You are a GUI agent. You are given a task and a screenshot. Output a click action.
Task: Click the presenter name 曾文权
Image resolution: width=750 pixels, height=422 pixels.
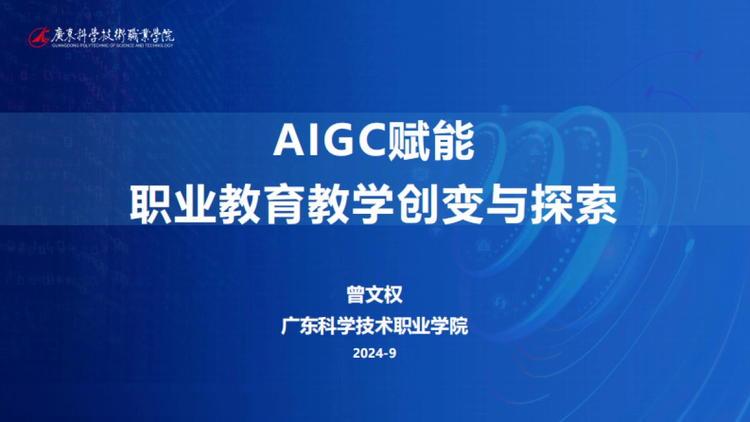pyautogui.click(x=374, y=294)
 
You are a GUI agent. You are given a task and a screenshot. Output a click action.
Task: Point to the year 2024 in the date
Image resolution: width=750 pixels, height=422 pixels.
pyautogui.click(x=368, y=354)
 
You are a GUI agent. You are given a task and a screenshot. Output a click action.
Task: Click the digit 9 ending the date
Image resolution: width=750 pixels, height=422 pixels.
pyautogui.click(x=392, y=354)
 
